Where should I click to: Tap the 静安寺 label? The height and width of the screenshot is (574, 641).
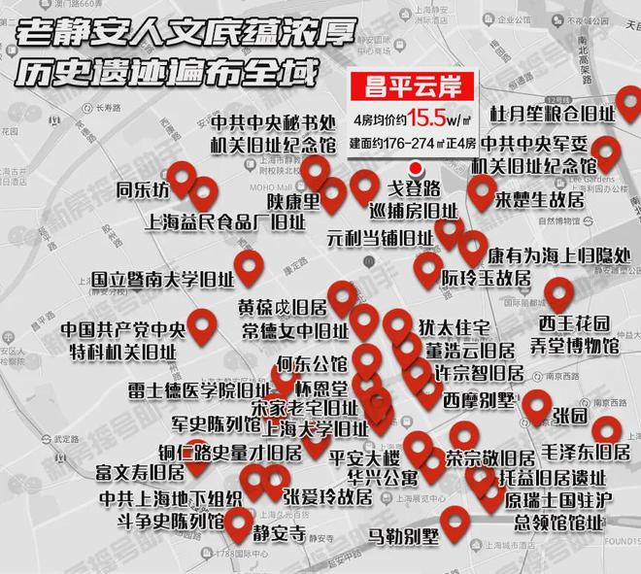(279, 533)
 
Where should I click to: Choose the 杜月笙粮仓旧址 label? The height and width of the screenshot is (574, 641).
(552, 115)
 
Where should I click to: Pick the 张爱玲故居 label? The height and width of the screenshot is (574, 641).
(327, 497)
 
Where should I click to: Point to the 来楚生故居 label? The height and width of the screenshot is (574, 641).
(539, 201)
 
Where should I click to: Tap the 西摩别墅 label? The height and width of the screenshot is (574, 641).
(480, 400)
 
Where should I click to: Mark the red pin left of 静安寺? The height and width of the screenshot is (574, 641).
(238, 524)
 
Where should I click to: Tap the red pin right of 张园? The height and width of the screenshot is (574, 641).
(607, 427)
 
